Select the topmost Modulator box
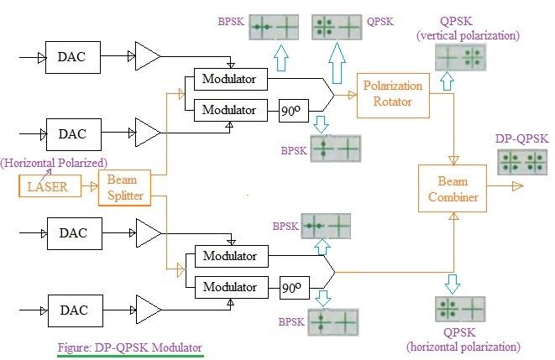[230, 80]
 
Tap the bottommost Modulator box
[230, 287]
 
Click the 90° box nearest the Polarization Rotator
[291, 109]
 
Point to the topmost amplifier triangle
[147, 57]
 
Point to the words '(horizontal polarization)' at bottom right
[463, 347]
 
